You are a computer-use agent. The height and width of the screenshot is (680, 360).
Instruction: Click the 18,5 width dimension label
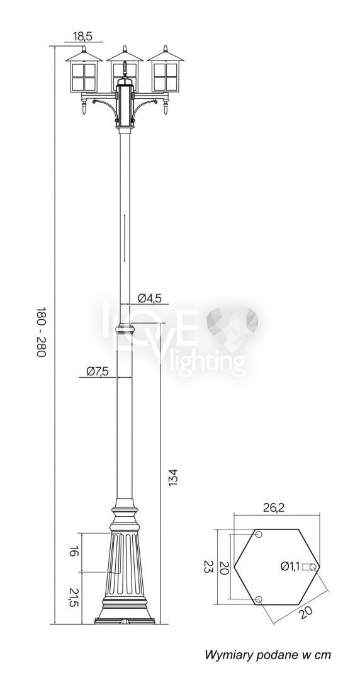click(x=82, y=37)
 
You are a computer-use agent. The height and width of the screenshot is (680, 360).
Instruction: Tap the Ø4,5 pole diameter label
click(x=150, y=298)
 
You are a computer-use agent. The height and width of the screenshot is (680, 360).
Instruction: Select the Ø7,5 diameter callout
click(x=97, y=371)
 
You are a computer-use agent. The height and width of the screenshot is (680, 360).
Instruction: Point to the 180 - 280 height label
click(x=41, y=332)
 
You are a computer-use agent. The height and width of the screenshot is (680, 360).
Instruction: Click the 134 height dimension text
click(x=173, y=477)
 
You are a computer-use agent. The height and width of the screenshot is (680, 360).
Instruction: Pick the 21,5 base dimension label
click(x=74, y=598)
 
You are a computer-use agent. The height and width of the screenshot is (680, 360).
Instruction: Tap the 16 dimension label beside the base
click(x=74, y=552)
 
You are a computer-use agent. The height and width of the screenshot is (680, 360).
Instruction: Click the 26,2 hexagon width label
click(x=274, y=508)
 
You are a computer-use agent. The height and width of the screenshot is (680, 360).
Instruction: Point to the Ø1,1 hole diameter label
click(x=290, y=565)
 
